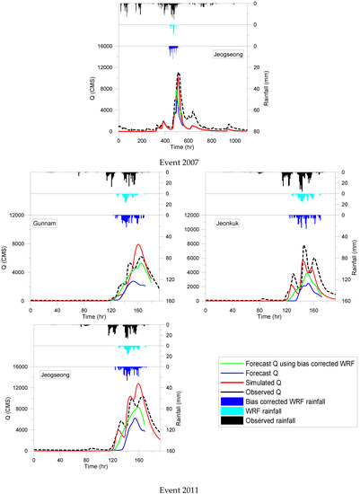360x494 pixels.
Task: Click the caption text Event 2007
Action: pyautogui.click(x=180, y=162)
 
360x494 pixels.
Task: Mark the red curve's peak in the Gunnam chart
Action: pyautogui.click(x=138, y=244)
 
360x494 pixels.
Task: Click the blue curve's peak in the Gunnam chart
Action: pyautogui.click(x=133, y=281)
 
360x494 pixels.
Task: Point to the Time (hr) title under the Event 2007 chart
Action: pyautogui.click(x=178, y=150)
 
